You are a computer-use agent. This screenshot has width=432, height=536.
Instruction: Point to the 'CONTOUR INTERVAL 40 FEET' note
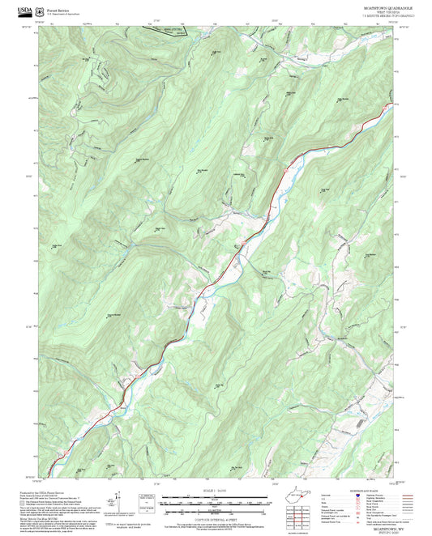[x=215, y=508]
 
